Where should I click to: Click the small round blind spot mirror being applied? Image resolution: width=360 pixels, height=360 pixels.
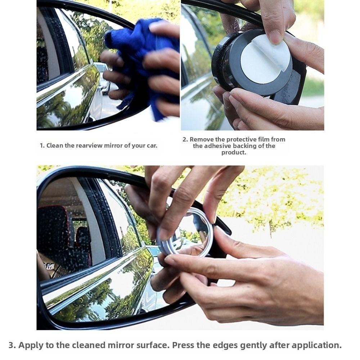(185, 232)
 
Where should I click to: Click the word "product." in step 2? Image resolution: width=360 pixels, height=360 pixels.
(234, 152)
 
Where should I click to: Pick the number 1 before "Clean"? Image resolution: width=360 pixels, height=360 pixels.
(41, 145)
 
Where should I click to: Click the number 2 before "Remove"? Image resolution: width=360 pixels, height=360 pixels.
(185, 139)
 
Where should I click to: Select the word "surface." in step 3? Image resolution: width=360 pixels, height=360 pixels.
(152, 345)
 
